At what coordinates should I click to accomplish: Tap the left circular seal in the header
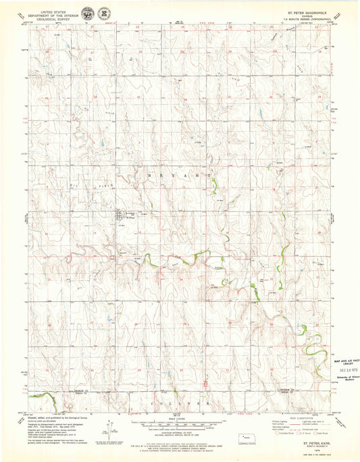pyautogui.click(x=87, y=13)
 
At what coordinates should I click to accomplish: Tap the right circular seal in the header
pyautogui.click(x=103, y=13)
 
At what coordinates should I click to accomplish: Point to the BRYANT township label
pyautogui.click(x=174, y=174)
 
